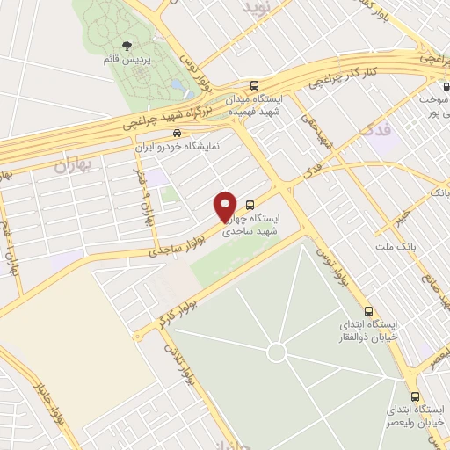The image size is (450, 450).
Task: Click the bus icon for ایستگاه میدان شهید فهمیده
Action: click(254, 86)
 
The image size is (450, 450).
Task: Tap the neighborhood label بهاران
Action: click(74, 164)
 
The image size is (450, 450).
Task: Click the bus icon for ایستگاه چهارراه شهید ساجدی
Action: click(250, 200)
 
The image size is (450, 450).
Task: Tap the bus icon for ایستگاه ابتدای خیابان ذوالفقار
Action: click(369, 311)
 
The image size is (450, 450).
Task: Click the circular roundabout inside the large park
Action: click(276, 352)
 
